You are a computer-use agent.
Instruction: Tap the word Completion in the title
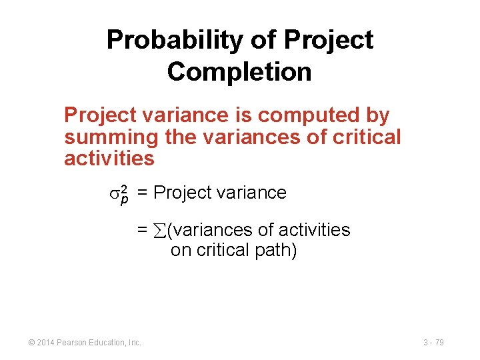(x=239, y=71)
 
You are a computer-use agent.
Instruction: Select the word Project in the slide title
(x=328, y=40)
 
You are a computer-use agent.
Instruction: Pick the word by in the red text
(x=377, y=115)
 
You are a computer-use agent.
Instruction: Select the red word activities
(x=109, y=159)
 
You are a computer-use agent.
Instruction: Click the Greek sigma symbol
(x=113, y=193)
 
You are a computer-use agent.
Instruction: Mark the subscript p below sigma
(x=123, y=200)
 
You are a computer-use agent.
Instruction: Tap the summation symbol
(x=160, y=231)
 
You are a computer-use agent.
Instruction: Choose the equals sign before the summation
(x=142, y=230)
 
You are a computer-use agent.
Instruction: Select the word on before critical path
(x=180, y=251)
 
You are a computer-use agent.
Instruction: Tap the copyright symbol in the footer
(x=31, y=343)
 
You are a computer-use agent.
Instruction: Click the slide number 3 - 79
(x=433, y=343)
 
